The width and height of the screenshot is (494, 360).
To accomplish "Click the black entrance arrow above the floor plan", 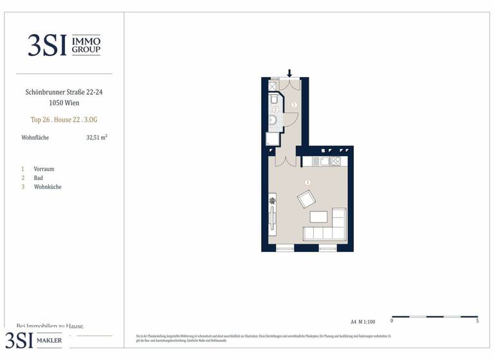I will (x=289, y=73).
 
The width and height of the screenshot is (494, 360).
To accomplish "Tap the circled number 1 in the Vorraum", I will (x=294, y=104).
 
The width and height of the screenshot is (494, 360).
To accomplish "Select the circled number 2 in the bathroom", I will (x=275, y=110).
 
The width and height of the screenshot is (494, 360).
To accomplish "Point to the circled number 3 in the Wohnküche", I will (x=307, y=183).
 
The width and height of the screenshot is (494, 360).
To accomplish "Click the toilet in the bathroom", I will (x=273, y=99).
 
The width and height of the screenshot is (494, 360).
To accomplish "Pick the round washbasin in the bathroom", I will (x=272, y=120).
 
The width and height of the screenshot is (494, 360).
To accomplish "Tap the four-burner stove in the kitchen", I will (x=335, y=161).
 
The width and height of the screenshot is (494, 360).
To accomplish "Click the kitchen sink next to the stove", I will (x=324, y=161).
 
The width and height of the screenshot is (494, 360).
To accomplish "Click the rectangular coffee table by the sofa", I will (x=318, y=217).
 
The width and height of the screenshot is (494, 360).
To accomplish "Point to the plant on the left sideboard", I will (x=272, y=201).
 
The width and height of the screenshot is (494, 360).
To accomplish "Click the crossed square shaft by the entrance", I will (x=272, y=85).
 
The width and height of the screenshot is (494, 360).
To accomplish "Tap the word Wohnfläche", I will (x=35, y=138).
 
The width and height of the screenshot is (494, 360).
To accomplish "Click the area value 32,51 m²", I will (x=96, y=137).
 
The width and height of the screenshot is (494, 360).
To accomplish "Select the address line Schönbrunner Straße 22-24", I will (x=64, y=93).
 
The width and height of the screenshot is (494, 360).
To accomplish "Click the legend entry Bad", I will (x=39, y=178).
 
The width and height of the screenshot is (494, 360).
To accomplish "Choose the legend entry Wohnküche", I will (x=48, y=187).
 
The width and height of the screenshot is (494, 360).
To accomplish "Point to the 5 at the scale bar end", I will (x=477, y=321).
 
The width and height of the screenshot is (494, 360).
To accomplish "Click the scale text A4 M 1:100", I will (x=363, y=321).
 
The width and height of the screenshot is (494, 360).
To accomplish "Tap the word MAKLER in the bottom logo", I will (x=49, y=341).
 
